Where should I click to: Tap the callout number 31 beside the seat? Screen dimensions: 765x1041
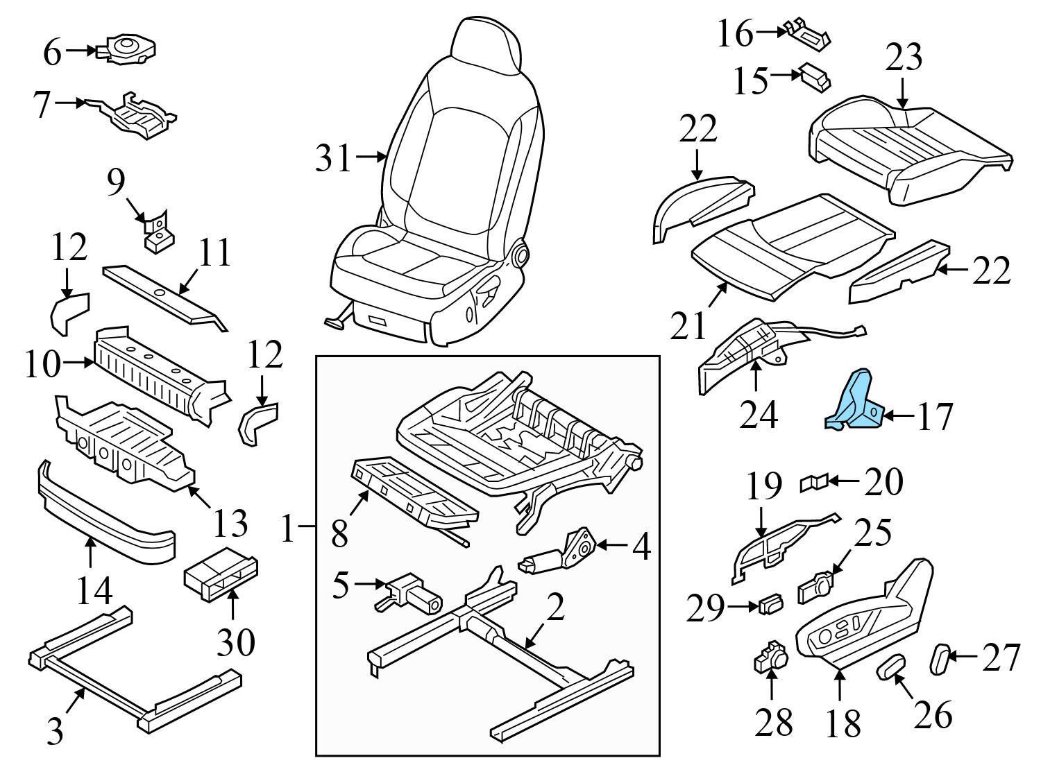click(x=334, y=158)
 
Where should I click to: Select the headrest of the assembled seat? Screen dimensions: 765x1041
click(x=485, y=45)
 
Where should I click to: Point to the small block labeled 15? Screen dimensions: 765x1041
click(x=815, y=77)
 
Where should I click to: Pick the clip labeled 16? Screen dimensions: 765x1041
click(x=808, y=35)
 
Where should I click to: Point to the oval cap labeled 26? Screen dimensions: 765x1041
click(x=891, y=666)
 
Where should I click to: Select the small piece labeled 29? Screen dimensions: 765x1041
click(x=770, y=604)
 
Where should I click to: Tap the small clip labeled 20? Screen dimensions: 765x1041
click(x=813, y=481)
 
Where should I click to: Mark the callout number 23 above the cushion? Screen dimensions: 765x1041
click(x=903, y=58)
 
